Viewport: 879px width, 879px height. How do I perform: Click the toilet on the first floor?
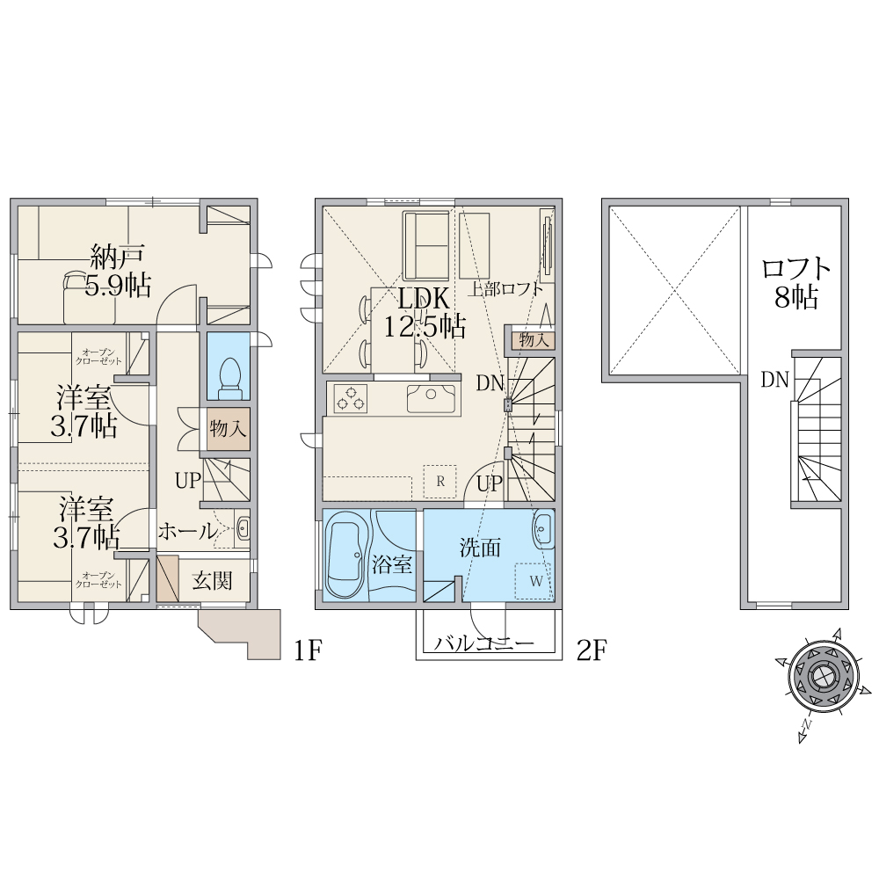coord(229,378)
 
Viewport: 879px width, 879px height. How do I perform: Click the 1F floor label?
coord(307,650)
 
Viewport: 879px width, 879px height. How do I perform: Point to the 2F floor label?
coord(592,650)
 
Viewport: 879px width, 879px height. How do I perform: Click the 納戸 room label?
coord(118,257)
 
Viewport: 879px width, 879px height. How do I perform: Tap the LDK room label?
coord(424,299)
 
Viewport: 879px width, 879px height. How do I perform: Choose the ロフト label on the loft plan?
coord(796,268)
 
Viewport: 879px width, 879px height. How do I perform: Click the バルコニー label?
coord(484,643)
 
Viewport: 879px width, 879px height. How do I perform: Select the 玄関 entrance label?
coord(212,581)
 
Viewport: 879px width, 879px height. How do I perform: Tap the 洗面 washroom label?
coord(480,547)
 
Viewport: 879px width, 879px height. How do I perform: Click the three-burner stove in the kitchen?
coord(351,398)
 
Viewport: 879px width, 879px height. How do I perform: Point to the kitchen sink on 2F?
coord(431,398)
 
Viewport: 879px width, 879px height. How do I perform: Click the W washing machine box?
coord(534,581)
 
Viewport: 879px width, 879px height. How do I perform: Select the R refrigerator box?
coord(440,481)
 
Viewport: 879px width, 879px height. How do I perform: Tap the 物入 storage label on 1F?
coord(229,429)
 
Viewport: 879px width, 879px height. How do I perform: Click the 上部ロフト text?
coord(505,289)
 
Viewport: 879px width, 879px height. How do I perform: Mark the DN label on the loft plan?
coord(774,380)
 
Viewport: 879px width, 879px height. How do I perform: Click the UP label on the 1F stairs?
coord(188,481)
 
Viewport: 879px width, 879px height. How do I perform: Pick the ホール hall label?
coord(187,530)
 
